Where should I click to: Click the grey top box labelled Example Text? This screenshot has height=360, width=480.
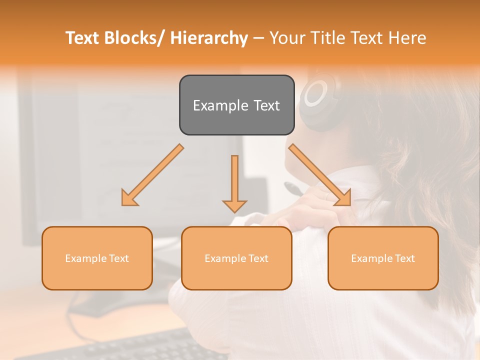(x=236, y=105)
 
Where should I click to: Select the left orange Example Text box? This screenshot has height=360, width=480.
(x=97, y=258)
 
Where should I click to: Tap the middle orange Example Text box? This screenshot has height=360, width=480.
(x=236, y=258)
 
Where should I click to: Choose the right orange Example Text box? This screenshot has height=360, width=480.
(x=383, y=258)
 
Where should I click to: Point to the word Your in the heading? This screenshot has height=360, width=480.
(x=286, y=38)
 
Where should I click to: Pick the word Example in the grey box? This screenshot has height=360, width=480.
(x=220, y=105)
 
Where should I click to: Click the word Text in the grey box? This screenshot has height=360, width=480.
(x=266, y=105)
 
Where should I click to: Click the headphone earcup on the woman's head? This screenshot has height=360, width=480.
(x=317, y=95)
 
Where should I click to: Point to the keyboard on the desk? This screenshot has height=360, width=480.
(x=125, y=347)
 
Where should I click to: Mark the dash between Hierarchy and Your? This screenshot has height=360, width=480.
(x=258, y=38)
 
